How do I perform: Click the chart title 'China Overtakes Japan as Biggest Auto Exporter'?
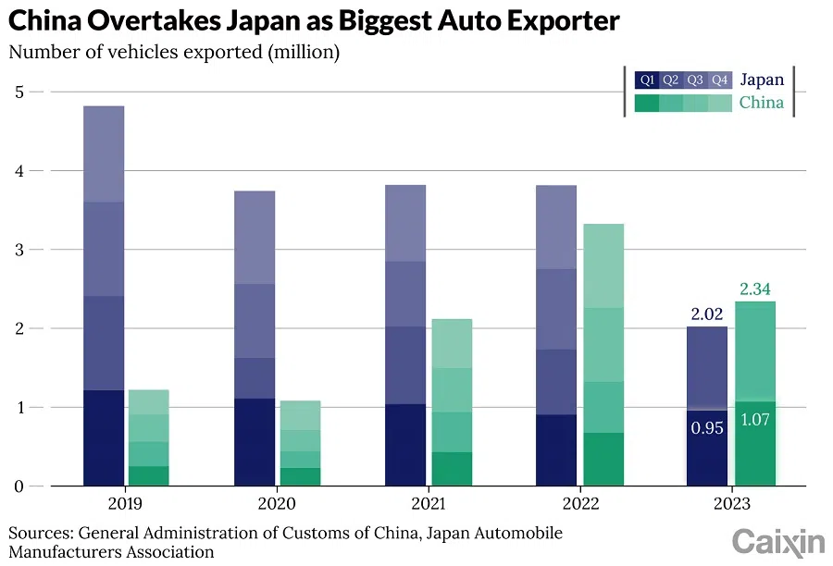click(314, 20)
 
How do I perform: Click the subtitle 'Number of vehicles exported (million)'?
click(174, 53)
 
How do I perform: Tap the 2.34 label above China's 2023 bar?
click(755, 289)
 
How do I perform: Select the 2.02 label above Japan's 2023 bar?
click(707, 314)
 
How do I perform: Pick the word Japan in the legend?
click(761, 80)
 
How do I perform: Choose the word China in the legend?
click(761, 103)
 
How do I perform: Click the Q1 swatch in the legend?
click(647, 80)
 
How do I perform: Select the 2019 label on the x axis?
click(124, 504)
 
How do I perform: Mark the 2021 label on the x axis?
click(427, 504)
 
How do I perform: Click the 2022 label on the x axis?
click(580, 504)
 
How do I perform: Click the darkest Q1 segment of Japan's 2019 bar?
click(104, 437)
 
